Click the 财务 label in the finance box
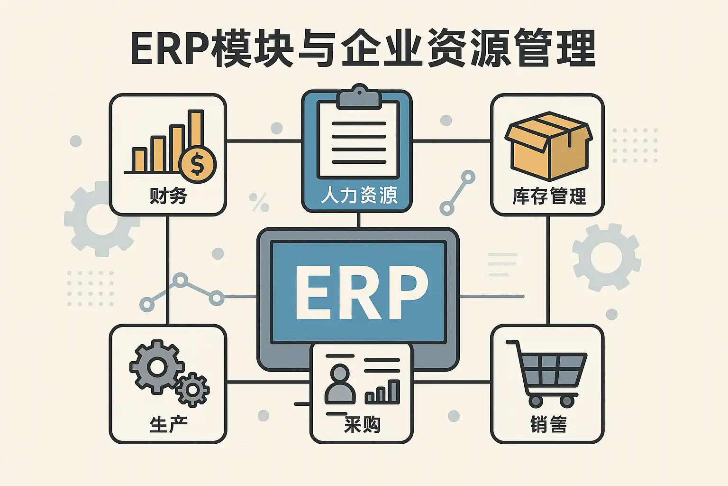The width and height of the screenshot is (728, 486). tap(168, 196)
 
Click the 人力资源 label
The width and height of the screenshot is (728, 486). tap(359, 195)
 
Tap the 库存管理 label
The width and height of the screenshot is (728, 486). tap(549, 196)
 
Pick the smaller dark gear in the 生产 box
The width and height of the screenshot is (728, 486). tap(192, 390)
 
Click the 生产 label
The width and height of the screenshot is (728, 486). tap(168, 424)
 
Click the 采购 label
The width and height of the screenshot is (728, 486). tap(362, 425)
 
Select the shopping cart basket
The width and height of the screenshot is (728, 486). tap(553, 369)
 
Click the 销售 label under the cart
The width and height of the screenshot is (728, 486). tap(548, 424)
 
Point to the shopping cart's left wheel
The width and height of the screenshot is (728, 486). tap(536, 402)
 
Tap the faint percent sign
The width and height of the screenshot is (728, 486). tap(259, 202)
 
